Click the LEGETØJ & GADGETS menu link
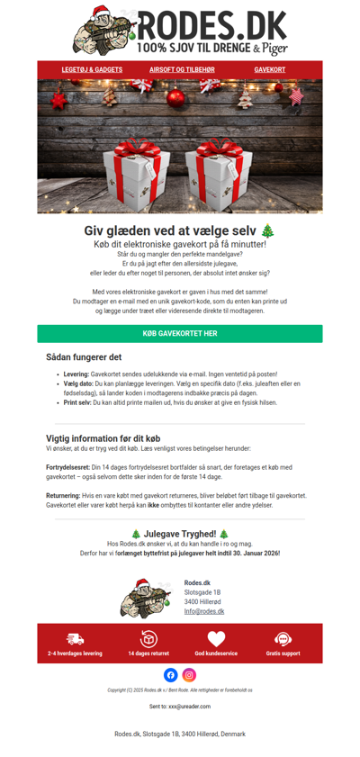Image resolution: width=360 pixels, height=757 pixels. click(x=92, y=69)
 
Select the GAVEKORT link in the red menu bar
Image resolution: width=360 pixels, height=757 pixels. click(x=269, y=69)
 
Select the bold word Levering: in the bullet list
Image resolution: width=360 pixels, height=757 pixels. click(x=76, y=374)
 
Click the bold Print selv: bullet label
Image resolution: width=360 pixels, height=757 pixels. click(x=77, y=403)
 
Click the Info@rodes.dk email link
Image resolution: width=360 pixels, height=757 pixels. click(x=204, y=611)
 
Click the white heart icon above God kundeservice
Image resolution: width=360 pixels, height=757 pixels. click(x=216, y=638)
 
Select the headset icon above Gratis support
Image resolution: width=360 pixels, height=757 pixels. click(x=283, y=638)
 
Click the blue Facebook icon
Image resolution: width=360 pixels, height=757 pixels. click(x=171, y=675)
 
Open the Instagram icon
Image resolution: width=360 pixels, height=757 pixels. click(x=189, y=675)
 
